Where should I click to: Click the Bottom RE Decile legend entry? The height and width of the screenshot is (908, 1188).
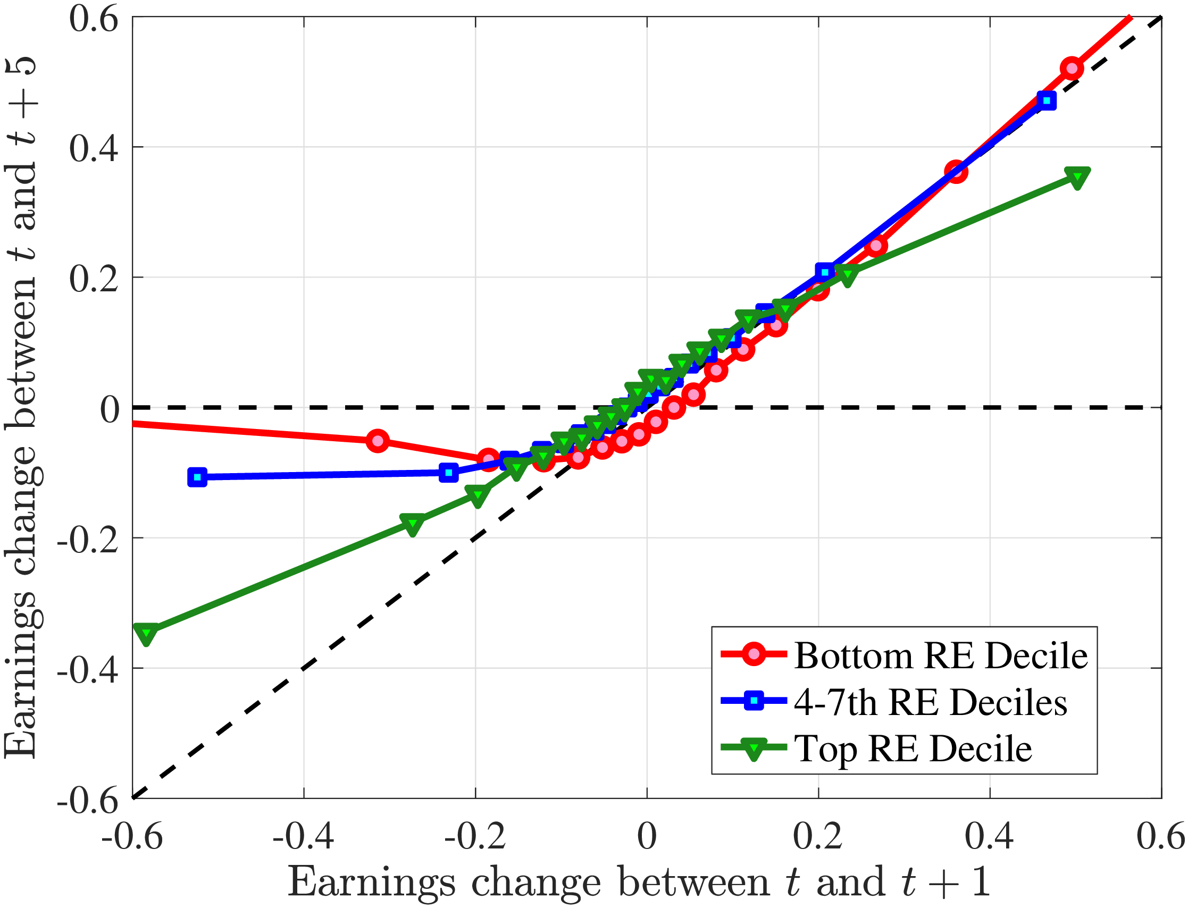[x=940, y=656]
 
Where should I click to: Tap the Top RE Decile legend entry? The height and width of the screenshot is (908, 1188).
[x=913, y=749]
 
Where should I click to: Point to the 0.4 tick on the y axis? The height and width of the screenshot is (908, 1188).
[x=94, y=148]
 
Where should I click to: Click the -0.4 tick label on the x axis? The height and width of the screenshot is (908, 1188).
[x=303, y=836]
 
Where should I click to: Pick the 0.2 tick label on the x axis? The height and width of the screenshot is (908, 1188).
[x=818, y=836]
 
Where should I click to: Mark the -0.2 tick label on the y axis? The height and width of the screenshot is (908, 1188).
[x=88, y=539]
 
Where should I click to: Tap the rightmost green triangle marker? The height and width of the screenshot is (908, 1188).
[x=1077, y=177]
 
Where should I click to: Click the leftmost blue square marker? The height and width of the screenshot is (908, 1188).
[x=197, y=477]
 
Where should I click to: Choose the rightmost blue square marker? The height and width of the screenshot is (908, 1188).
[x=1047, y=100]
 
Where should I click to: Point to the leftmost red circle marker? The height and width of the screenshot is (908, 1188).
[x=378, y=441]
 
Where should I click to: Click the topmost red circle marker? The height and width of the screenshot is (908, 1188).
[x=1071, y=69]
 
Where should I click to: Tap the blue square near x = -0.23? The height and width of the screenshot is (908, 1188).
[x=448, y=473]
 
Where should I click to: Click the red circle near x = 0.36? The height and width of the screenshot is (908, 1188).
[x=956, y=171]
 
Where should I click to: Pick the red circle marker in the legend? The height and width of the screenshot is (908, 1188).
[x=753, y=654]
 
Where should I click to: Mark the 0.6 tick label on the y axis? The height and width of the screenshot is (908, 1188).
[x=94, y=19]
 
